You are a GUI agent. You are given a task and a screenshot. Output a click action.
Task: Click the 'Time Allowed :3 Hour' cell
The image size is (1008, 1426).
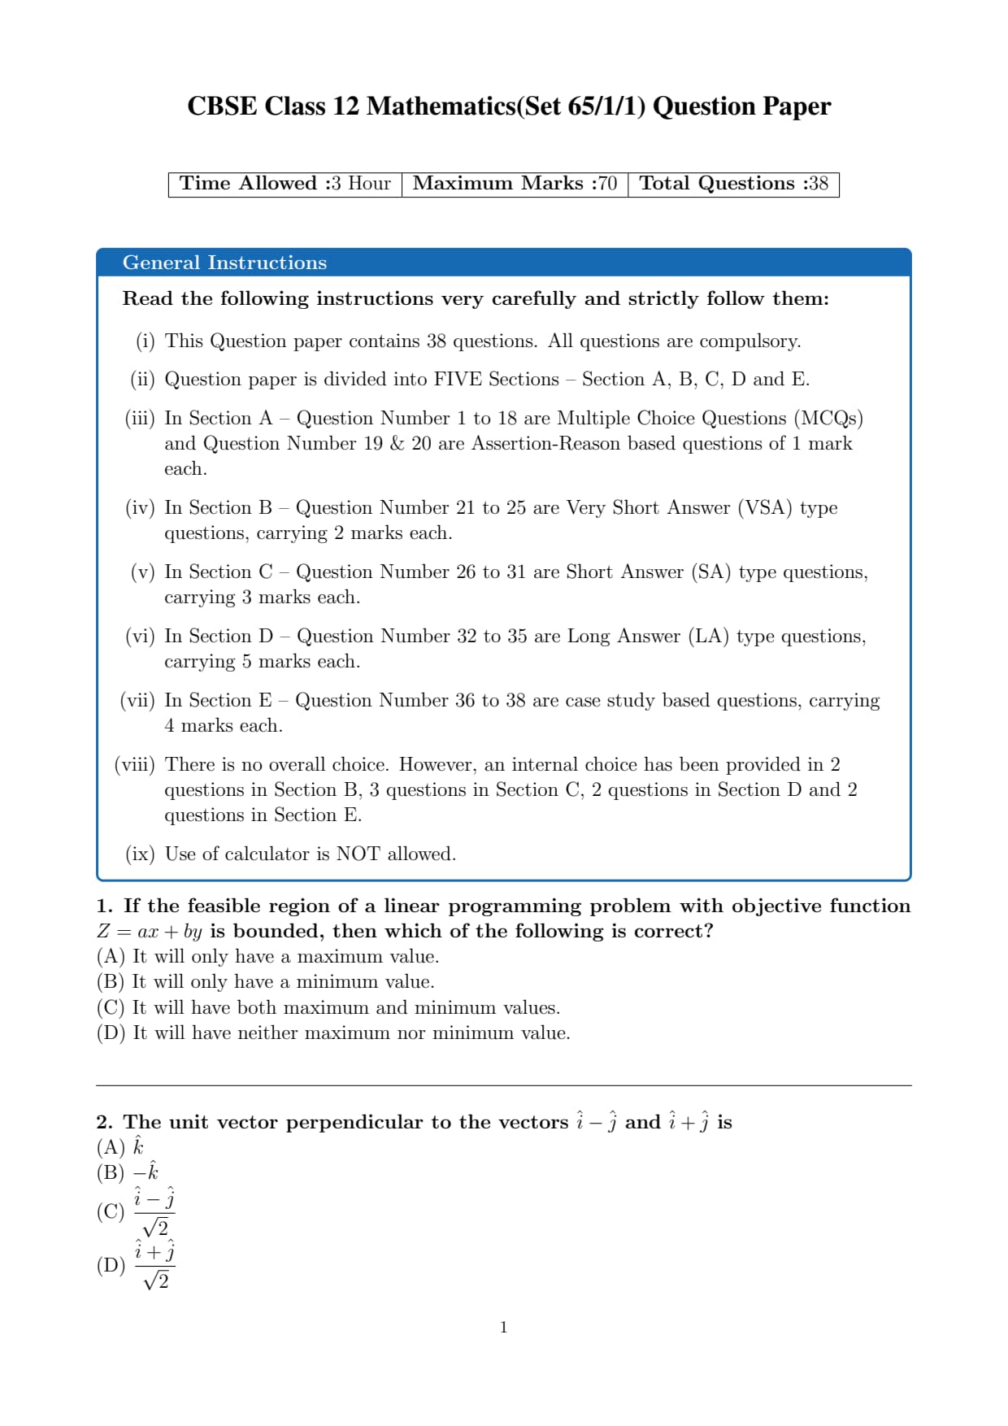coord(285,184)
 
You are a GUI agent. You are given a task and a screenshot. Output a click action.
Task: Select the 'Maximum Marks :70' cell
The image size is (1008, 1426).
coord(515,184)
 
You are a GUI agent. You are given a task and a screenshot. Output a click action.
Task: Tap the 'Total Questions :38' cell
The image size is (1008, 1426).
coord(733,184)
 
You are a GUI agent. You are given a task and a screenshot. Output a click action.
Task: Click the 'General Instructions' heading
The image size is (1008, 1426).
coord(224,263)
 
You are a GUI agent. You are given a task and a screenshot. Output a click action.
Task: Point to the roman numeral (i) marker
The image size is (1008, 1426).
coord(145,341)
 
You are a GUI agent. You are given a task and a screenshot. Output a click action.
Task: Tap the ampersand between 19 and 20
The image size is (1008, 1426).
coord(397,444)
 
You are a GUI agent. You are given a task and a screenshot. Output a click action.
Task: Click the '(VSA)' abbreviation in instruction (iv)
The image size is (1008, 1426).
coord(764,508)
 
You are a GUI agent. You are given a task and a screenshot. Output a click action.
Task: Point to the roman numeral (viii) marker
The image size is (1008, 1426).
coord(135,765)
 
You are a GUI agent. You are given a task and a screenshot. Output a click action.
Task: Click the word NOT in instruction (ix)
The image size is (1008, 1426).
coord(358,854)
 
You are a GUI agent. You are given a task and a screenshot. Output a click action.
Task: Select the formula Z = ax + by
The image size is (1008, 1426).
coord(149,932)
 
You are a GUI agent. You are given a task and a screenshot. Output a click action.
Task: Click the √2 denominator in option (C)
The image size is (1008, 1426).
coord(155,1228)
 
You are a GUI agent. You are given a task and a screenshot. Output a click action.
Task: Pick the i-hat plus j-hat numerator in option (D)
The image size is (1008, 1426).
coord(154,1252)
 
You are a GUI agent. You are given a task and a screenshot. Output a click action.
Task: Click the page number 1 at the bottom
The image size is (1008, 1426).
coord(504,1328)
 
